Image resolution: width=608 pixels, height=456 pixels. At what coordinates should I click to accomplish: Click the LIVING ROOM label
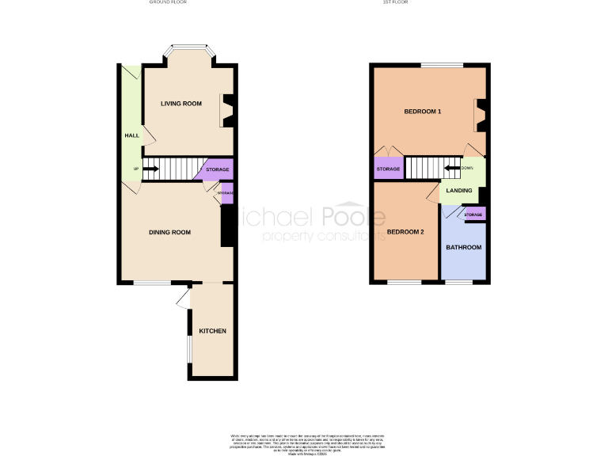[x=181, y=104]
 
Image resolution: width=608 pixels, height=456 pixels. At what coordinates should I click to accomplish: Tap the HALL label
[x=131, y=135]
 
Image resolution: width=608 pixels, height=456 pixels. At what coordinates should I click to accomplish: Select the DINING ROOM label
[x=171, y=232]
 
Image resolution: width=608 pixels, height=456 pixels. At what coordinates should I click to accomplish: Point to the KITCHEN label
[x=213, y=330]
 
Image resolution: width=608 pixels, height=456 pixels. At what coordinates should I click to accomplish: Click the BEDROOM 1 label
[x=423, y=112]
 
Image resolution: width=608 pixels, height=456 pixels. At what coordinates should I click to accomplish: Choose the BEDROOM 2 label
[x=406, y=232]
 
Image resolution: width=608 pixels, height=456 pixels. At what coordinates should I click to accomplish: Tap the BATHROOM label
[x=463, y=248]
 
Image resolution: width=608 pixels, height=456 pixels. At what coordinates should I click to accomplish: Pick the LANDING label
[x=459, y=191]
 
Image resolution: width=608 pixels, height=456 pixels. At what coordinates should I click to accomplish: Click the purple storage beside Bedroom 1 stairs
[x=388, y=169]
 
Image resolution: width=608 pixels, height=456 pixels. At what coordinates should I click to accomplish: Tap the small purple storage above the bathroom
[x=473, y=215]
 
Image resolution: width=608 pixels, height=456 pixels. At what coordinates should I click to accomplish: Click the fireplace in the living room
[x=227, y=110]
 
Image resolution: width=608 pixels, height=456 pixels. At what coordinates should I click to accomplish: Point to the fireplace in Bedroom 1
[x=480, y=115]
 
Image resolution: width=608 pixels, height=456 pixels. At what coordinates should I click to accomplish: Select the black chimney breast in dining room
[x=227, y=226]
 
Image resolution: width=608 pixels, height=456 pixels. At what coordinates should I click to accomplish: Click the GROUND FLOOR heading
[x=168, y=2]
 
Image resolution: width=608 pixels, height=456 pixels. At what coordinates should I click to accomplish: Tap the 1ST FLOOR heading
[x=397, y=2]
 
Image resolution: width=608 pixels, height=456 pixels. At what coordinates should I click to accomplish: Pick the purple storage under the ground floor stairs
[x=217, y=169]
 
